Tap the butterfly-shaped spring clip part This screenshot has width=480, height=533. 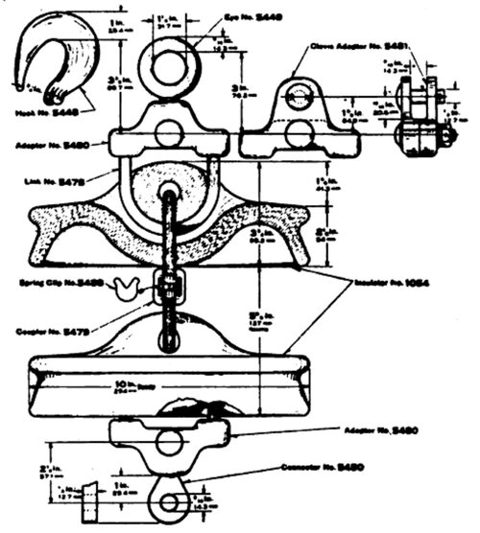128,284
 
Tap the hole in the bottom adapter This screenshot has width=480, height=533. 169,443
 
